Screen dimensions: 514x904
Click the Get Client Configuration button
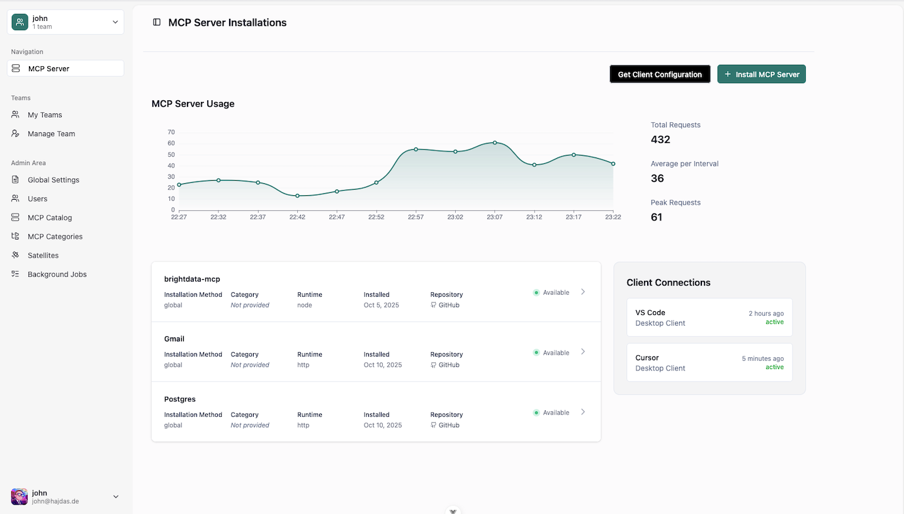[x=660, y=74]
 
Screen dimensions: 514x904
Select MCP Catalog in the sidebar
[x=50, y=217]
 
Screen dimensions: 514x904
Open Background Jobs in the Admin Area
[x=57, y=274]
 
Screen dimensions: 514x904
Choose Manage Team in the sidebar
[x=51, y=134]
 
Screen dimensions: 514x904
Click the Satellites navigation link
[x=43, y=255]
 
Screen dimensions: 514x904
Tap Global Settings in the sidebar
[x=54, y=180]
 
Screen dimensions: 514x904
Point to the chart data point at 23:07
[x=495, y=142]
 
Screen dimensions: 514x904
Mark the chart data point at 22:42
[x=297, y=196]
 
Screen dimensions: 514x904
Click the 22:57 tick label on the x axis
[x=415, y=217]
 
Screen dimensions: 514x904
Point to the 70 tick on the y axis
[x=171, y=132]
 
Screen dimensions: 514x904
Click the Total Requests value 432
[x=660, y=139]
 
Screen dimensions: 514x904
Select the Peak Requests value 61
[x=656, y=217]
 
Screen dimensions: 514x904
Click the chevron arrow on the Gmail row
[x=583, y=352]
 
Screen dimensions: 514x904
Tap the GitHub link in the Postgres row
[x=448, y=425]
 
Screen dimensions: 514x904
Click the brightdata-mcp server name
[x=192, y=278]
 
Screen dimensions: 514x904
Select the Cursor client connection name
[x=647, y=358]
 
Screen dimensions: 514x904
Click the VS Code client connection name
[x=650, y=312]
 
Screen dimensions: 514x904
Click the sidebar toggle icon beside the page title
[x=157, y=23]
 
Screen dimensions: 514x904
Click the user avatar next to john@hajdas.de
[x=20, y=496]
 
